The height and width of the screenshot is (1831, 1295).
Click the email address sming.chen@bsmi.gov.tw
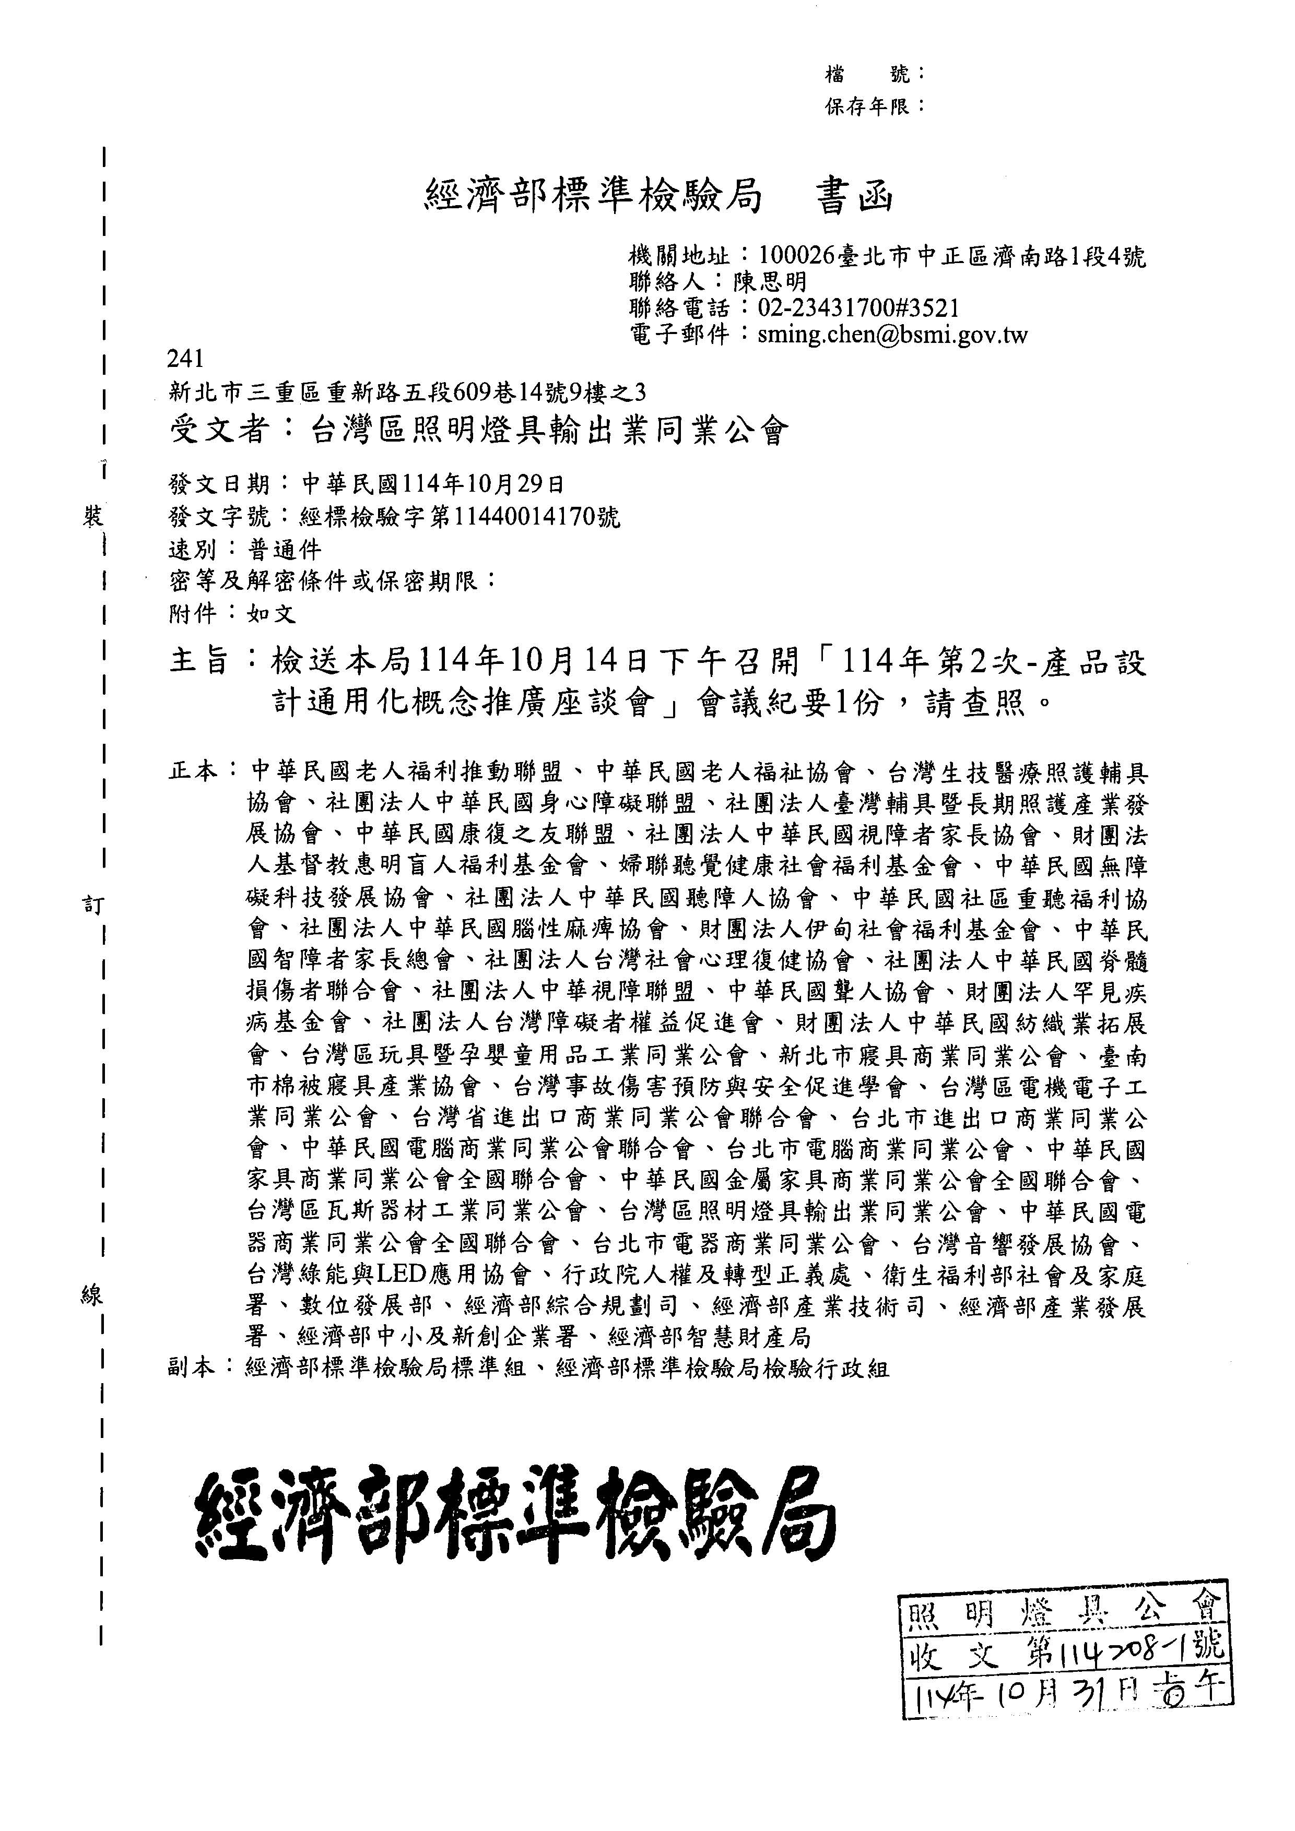pyautogui.click(x=893, y=334)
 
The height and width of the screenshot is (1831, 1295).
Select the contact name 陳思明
pyautogui.click(x=770, y=281)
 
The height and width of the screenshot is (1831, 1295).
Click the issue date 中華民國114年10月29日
pyautogui.click(x=435, y=484)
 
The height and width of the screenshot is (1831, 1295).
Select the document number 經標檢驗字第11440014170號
pyautogui.click(x=459, y=517)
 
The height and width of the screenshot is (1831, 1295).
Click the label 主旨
pyautogui.click(x=199, y=661)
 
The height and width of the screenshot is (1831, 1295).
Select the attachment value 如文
pyautogui.click(x=272, y=613)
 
